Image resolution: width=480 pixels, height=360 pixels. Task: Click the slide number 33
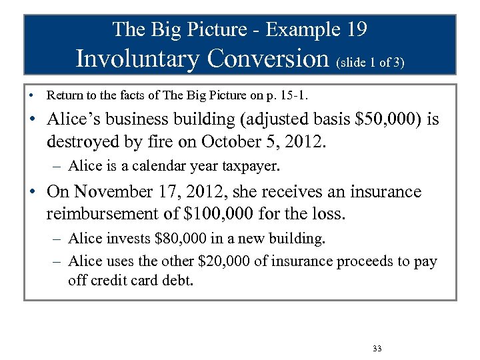pos(378,349)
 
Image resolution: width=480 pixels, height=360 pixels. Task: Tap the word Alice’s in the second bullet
pos(74,120)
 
